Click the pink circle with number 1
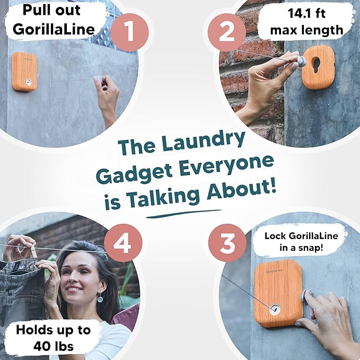coord(129,32)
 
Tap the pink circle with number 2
coord(227,32)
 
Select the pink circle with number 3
coord(227,243)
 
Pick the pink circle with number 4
coord(123,243)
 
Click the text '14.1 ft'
coord(306,13)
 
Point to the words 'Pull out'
coord(51,10)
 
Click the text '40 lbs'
coord(54,346)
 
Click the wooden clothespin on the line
coord(34,251)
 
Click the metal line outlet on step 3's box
coord(275,309)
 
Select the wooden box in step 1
coord(24,72)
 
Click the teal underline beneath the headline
coord(183,214)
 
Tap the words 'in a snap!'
coord(301,248)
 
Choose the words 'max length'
coord(307,30)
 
